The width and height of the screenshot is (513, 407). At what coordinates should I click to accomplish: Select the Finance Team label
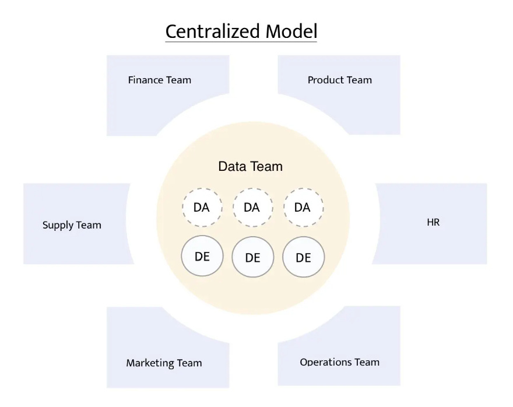click(x=159, y=80)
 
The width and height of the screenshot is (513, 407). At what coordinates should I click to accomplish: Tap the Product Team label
click(x=339, y=80)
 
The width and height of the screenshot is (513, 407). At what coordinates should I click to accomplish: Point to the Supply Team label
click(x=72, y=225)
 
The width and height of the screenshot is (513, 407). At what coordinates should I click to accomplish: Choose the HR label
click(x=433, y=223)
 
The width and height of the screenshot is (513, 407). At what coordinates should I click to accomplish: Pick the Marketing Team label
click(x=164, y=363)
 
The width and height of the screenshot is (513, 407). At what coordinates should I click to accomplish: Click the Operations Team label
click(x=339, y=362)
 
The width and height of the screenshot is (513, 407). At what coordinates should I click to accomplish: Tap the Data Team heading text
click(x=250, y=166)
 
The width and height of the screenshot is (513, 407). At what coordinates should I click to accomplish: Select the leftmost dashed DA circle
click(x=201, y=207)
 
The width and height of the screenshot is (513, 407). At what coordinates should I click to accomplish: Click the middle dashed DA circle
click(x=252, y=207)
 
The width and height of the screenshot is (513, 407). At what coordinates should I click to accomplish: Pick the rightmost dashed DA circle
click(x=303, y=207)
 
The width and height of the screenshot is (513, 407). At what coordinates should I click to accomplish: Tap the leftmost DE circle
click(x=202, y=257)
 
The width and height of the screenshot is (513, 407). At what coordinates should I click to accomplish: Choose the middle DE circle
click(x=252, y=257)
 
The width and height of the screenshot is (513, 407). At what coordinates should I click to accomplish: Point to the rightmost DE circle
click(x=303, y=257)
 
